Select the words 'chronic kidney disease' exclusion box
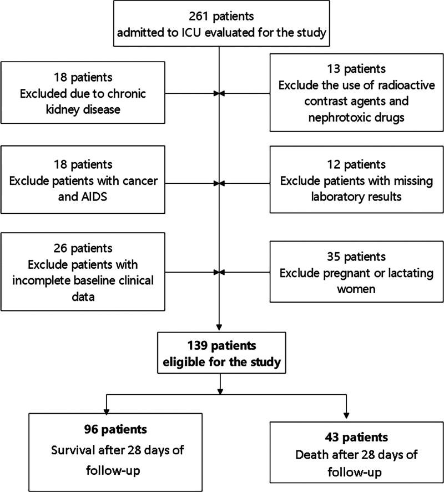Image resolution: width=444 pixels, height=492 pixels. (83, 93)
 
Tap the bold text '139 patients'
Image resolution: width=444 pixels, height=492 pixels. (220, 346)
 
